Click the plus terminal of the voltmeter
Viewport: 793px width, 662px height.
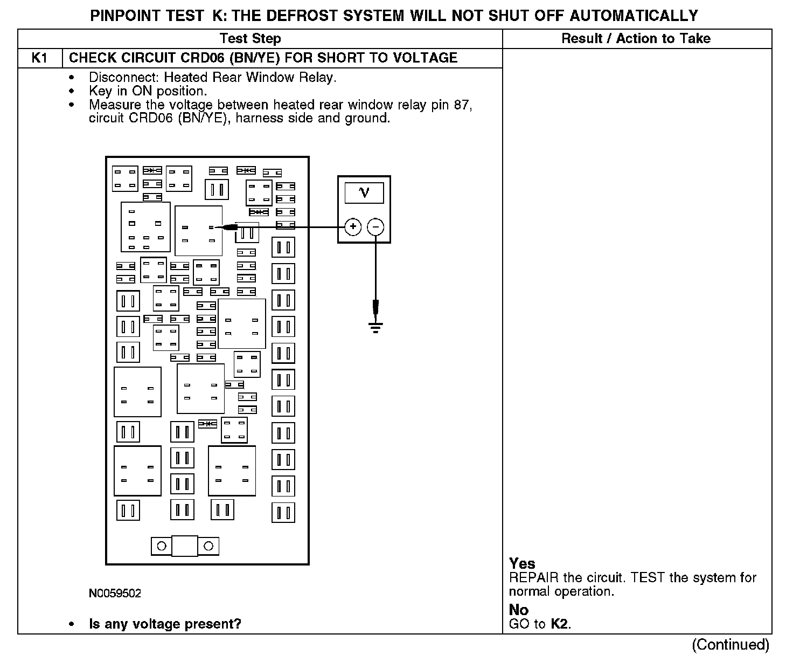pyautogui.click(x=353, y=227)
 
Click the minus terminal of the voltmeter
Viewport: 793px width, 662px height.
pyautogui.click(x=375, y=227)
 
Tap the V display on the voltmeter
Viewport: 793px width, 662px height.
pyautogui.click(x=364, y=192)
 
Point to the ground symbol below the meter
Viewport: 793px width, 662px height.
pyautogui.click(x=375, y=326)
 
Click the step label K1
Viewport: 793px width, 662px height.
pyautogui.click(x=39, y=58)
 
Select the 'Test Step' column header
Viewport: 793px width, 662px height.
pyautogui.click(x=251, y=39)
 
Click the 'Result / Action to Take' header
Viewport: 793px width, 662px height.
pyautogui.click(x=636, y=39)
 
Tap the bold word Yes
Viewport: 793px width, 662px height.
pyautogui.click(x=522, y=564)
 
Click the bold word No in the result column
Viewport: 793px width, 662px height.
pyautogui.click(x=519, y=610)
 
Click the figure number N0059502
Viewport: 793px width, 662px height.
pyautogui.click(x=115, y=594)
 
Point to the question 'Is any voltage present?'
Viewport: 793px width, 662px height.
pyautogui.click(x=165, y=624)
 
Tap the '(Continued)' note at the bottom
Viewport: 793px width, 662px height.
pyautogui.click(x=731, y=645)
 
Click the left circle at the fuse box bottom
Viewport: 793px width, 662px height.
pyautogui.click(x=162, y=546)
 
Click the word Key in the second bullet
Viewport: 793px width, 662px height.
pyautogui.click(x=101, y=91)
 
